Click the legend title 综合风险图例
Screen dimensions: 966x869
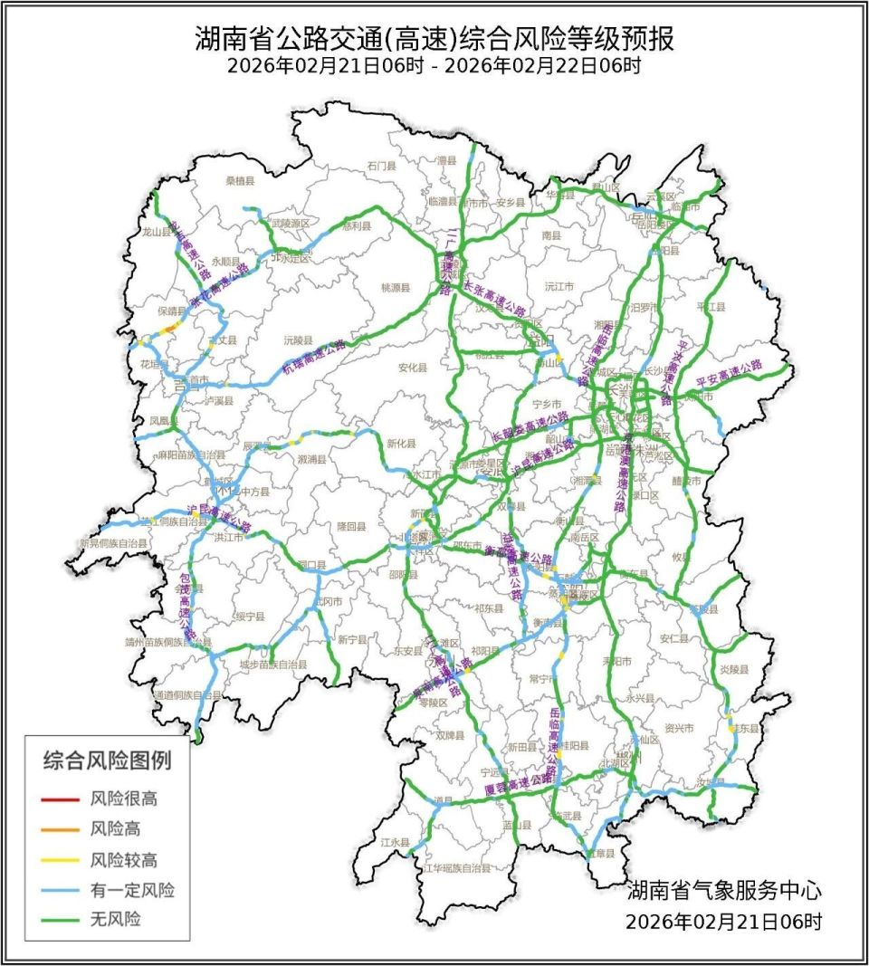(107, 761)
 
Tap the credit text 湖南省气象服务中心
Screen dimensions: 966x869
(724, 890)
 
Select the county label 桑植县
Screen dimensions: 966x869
(241, 181)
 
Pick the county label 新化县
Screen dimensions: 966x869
(401, 444)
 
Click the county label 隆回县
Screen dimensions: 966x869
(352, 525)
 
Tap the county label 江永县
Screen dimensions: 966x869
(396, 841)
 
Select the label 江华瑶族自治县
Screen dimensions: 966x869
(457, 868)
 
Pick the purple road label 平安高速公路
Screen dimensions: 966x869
(730, 371)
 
